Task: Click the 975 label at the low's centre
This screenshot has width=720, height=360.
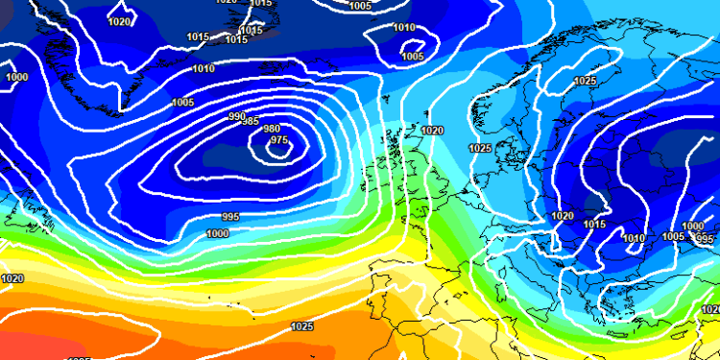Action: click(279, 140)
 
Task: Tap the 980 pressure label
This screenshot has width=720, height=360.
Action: click(272, 130)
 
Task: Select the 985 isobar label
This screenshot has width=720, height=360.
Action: click(250, 122)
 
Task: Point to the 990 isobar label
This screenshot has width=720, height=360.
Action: click(237, 116)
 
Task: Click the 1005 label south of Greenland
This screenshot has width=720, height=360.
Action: click(182, 102)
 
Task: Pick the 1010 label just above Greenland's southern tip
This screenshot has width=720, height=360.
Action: click(204, 69)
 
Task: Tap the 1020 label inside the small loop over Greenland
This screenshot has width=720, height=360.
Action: click(120, 21)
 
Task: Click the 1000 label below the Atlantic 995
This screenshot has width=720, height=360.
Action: click(218, 233)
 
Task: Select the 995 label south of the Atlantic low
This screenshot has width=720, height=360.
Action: click(230, 216)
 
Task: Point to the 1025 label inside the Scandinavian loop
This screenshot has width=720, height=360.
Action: click(585, 81)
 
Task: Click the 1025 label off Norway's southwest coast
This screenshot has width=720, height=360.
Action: click(481, 148)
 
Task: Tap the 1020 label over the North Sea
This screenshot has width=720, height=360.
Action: click(432, 130)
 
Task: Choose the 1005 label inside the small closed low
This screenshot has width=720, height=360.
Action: click(413, 56)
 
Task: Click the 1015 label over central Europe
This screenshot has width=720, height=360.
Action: click(595, 224)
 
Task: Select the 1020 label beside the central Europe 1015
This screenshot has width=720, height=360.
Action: click(563, 216)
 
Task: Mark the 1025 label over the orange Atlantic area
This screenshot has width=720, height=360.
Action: click(301, 326)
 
